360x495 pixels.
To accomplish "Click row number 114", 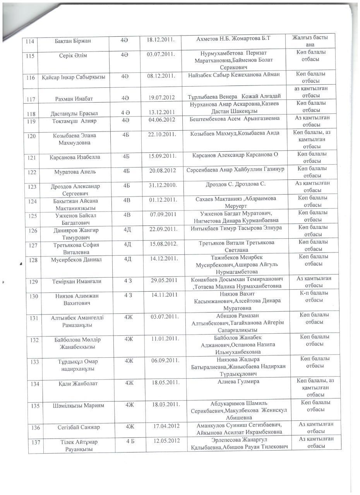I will point(30,41).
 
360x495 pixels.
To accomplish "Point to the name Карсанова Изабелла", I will point(75,157).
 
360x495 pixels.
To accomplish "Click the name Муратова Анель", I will point(75,172).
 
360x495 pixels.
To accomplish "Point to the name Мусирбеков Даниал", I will point(76,260).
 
